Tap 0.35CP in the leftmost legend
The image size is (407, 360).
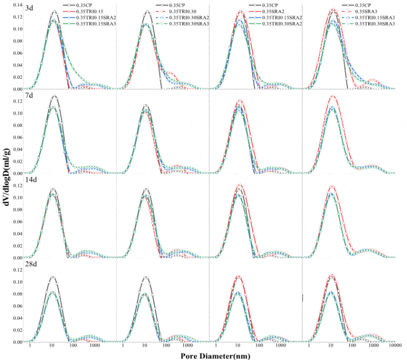(x=84, y=5)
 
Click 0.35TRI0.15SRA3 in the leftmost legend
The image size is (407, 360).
(x=98, y=23)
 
